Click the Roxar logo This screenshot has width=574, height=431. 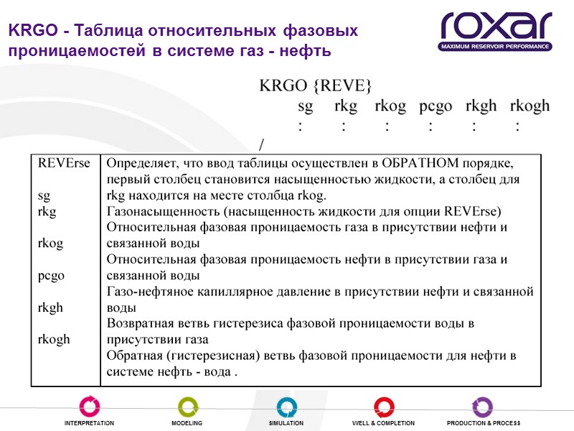[x=496, y=31]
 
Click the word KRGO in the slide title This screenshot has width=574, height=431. [x=29, y=32]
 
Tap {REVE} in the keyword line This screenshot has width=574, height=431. [x=342, y=85]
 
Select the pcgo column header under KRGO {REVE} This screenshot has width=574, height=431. [x=436, y=106]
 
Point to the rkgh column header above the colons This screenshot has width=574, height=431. [x=481, y=106]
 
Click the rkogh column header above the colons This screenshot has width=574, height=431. [x=530, y=106]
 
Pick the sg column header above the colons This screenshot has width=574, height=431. [x=306, y=106]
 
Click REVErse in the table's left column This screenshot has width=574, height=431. [x=65, y=163]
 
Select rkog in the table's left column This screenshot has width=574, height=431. [x=50, y=244]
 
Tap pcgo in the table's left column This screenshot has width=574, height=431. [x=51, y=275]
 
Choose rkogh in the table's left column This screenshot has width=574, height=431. [x=54, y=339]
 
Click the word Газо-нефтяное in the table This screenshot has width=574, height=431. [x=147, y=291]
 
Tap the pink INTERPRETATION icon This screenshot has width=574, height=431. [x=89, y=407]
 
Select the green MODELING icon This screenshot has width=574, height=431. [x=187, y=407]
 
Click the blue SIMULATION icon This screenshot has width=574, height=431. [x=286, y=407]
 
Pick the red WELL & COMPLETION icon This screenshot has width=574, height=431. [x=384, y=407]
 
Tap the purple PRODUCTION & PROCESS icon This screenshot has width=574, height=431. [x=483, y=407]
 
